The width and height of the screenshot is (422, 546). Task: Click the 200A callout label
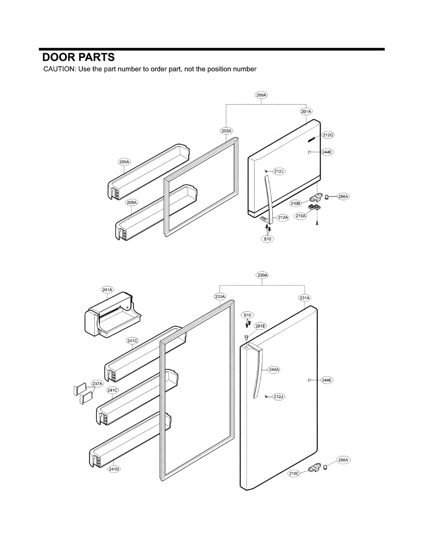pyautogui.click(x=261, y=95)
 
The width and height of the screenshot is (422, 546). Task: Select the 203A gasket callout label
pyautogui.click(x=226, y=131)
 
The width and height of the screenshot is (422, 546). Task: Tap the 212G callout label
pyautogui.click(x=328, y=135)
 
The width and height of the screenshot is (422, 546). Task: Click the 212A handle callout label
pyautogui.click(x=283, y=217)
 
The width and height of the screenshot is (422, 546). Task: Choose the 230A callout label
pyautogui.click(x=263, y=275)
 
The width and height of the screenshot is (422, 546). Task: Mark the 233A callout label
pyautogui.click(x=220, y=297)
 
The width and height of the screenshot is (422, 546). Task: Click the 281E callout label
pyautogui.click(x=260, y=326)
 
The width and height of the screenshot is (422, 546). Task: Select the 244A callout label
pyautogui.click(x=274, y=369)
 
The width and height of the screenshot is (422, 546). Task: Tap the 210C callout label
pyautogui.click(x=294, y=474)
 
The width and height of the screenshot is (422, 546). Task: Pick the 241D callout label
pyautogui.click(x=113, y=469)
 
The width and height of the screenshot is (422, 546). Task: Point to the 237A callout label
pyautogui.click(x=97, y=384)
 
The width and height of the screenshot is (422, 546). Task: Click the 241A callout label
pyautogui.click(x=107, y=289)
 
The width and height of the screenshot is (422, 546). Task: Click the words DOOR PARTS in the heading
pyautogui.click(x=78, y=57)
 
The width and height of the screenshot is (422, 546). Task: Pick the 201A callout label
pyautogui.click(x=306, y=111)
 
